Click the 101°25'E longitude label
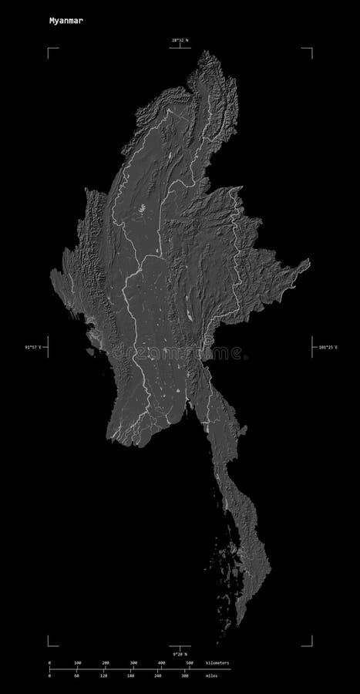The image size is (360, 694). [x=328, y=348]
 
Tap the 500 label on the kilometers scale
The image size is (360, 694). [x=190, y=662]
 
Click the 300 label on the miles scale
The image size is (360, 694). [x=184, y=676]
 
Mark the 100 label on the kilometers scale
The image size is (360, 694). [x=77, y=662]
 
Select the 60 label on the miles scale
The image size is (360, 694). [x=76, y=676]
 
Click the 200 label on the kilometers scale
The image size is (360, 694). [x=106, y=662]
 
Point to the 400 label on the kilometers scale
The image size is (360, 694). [x=162, y=662]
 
